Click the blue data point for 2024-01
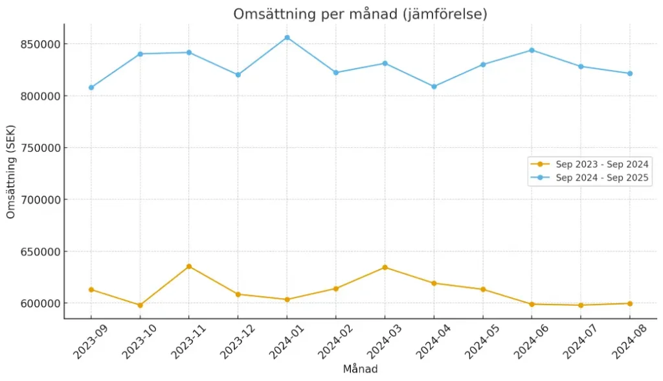click(287, 38)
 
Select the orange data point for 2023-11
click(189, 266)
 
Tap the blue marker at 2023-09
click(91, 87)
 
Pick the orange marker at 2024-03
click(385, 267)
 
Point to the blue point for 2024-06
click(532, 50)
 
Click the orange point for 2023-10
click(140, 305)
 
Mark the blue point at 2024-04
click(434, 86)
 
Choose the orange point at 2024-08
click(629, 303)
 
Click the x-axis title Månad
click(360, 369)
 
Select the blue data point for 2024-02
click(336, 73)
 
